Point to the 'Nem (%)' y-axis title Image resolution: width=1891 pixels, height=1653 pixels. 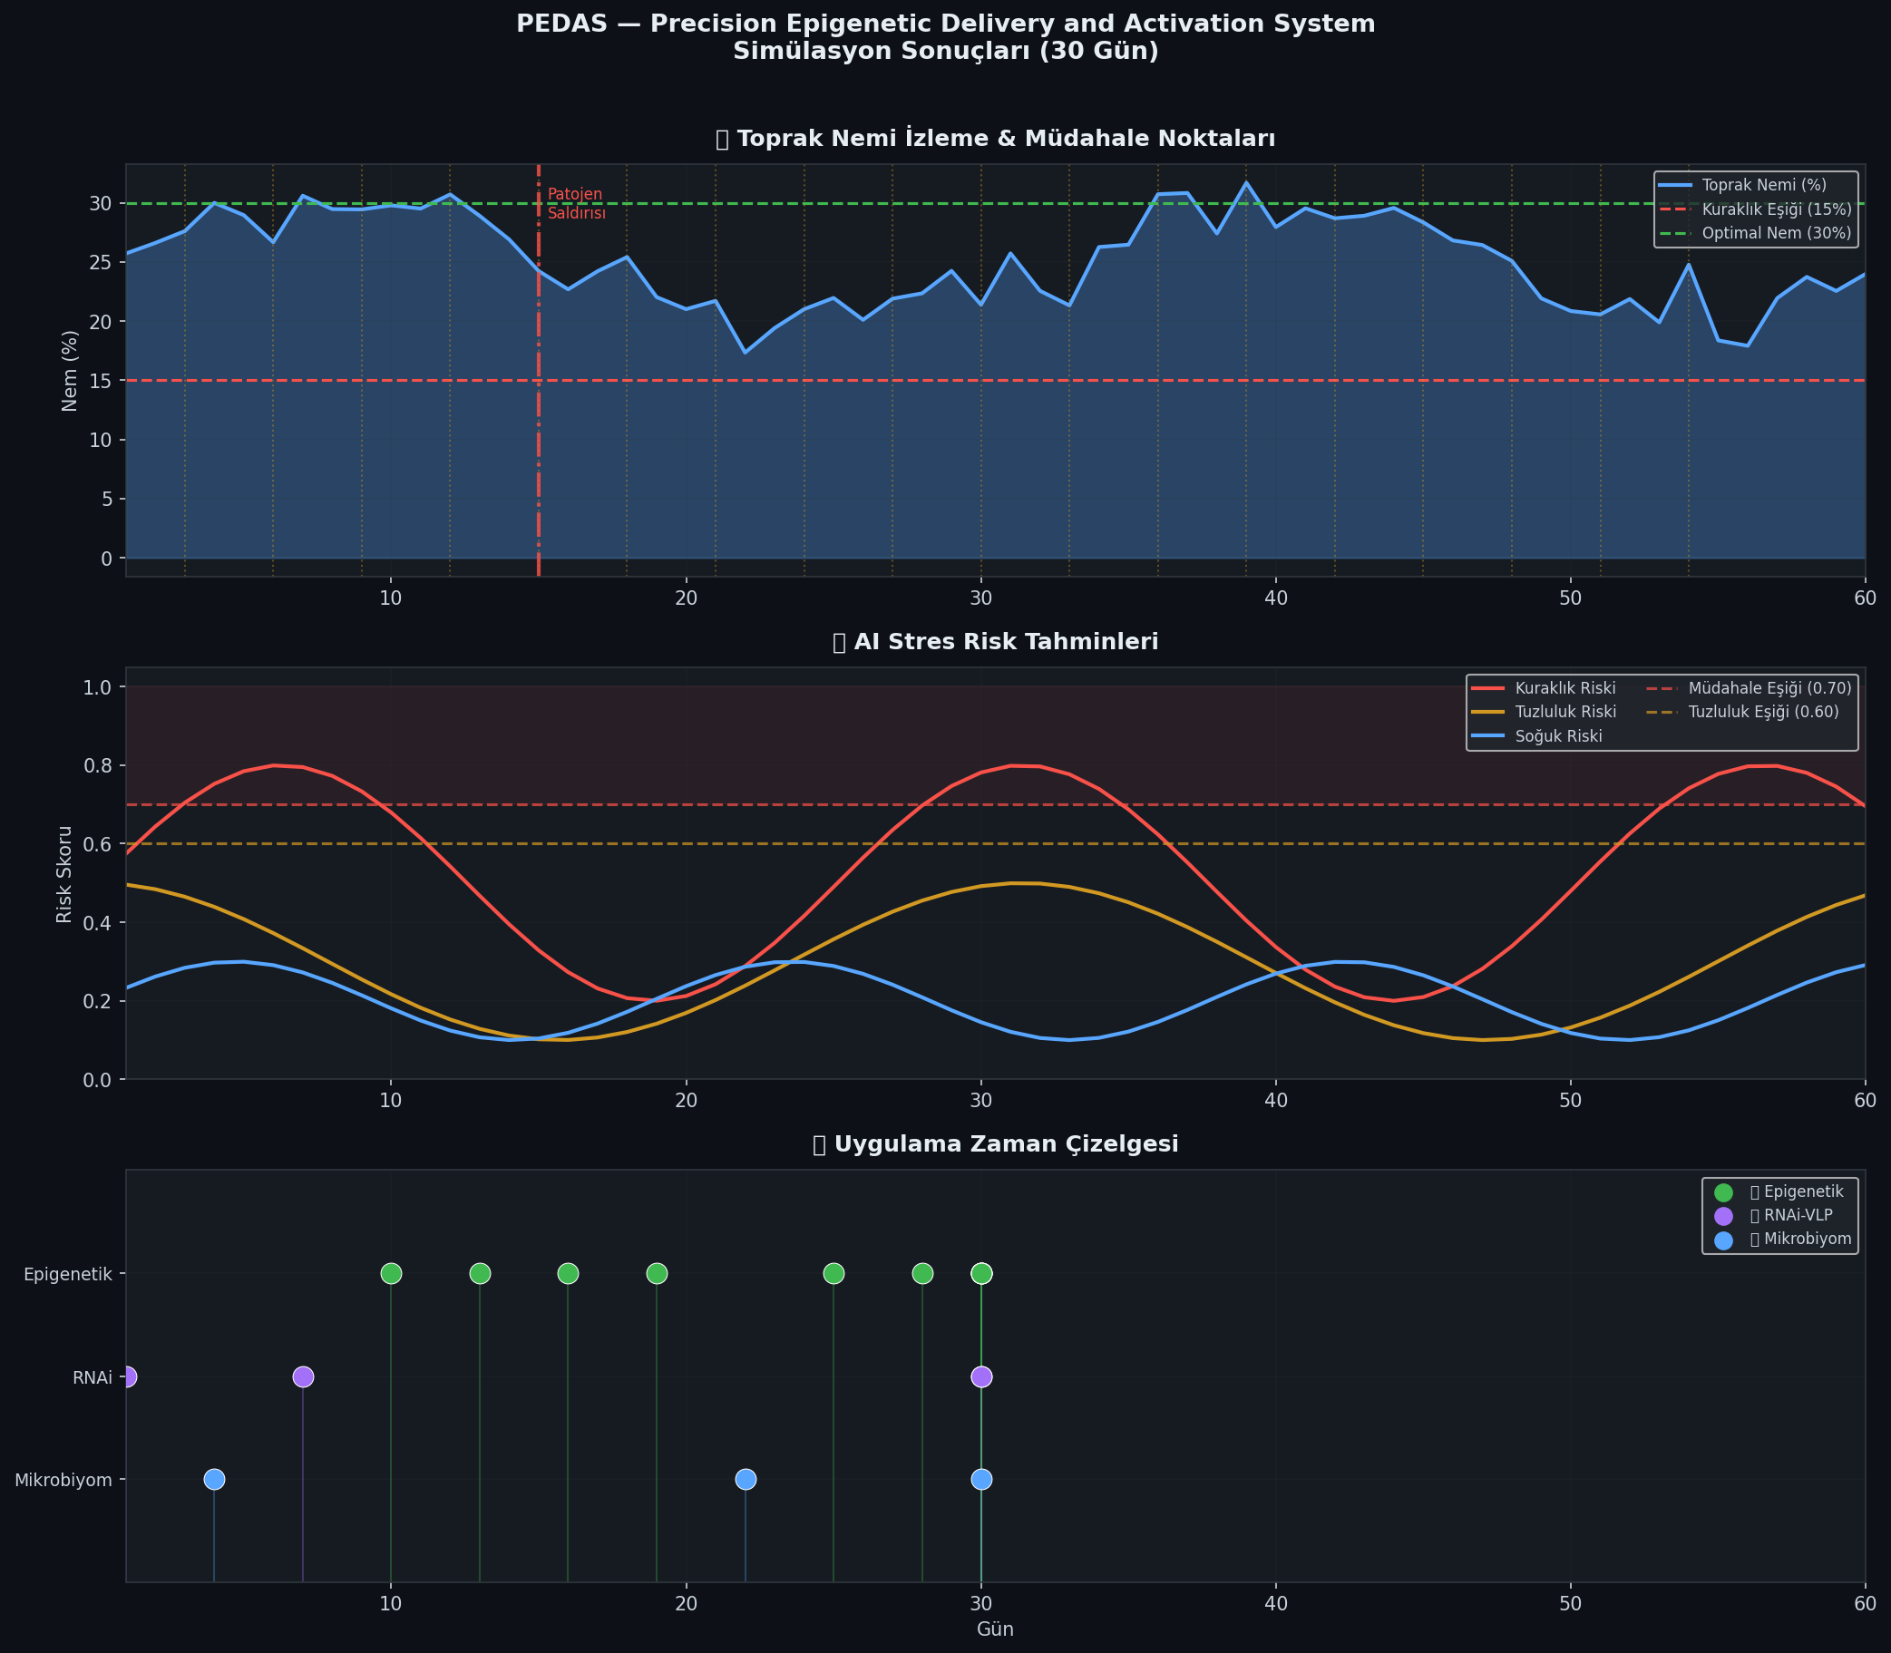coord(70,371)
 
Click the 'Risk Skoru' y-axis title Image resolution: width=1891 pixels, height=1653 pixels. coord(64,874)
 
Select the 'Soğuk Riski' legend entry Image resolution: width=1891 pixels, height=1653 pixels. coord(1558,736)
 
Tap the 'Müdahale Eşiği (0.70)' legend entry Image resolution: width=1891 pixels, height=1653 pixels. coord(1769,688)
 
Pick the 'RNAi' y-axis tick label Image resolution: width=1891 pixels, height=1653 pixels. coord(93,1377)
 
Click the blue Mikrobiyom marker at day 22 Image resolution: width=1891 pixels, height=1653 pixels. coord(746,1480)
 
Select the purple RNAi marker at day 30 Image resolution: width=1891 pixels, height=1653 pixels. coord(981,1377)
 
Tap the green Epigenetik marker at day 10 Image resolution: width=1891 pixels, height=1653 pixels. coord(391,1274)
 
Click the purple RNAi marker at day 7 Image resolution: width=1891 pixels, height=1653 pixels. coord(303,1377)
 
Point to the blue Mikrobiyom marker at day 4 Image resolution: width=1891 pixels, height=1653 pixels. coord(214,1480)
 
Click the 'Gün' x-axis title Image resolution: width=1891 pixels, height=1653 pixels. coord(995,1629)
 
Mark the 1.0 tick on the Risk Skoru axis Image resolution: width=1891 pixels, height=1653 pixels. coord(98,688)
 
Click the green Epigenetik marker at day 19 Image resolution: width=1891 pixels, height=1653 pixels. coord(657,1274)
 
